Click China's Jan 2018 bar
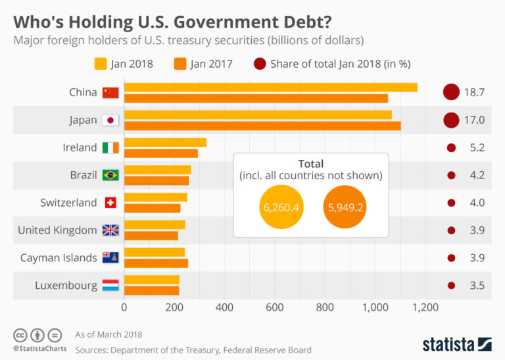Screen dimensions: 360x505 [270, 88]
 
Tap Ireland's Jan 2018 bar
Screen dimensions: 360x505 [165, 142]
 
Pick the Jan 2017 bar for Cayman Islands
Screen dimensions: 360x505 [156, 263]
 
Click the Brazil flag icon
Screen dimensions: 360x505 [110, 175]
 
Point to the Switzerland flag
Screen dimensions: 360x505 [110, 203]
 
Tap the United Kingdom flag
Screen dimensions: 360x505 [110, 230]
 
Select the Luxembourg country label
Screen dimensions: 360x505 [66, 286]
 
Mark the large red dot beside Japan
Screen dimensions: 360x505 [450, 120]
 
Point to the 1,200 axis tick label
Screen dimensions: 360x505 [425, 307]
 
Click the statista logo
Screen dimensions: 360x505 [457, 344]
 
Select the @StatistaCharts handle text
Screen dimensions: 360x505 [39, 348]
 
